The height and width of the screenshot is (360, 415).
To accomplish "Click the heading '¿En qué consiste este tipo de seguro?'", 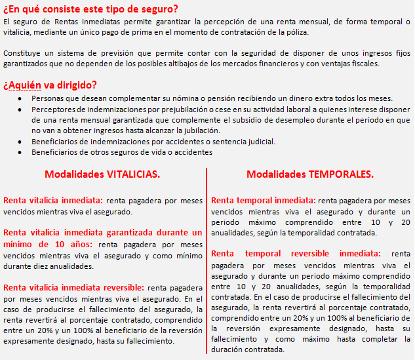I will (90, 8).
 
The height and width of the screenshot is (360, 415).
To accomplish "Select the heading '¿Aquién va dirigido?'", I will (50, 85).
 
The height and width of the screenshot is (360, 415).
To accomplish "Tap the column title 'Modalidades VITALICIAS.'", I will (102, 174).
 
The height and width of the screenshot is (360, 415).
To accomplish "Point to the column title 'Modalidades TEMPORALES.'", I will (310, 174).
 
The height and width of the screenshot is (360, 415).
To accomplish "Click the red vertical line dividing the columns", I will (207, 262).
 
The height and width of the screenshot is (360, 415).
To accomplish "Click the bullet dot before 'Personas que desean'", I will (21, 98).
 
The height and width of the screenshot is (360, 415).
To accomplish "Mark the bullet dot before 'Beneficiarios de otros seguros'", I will (21, 153).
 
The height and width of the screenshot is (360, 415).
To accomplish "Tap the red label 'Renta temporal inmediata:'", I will (263, 200).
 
